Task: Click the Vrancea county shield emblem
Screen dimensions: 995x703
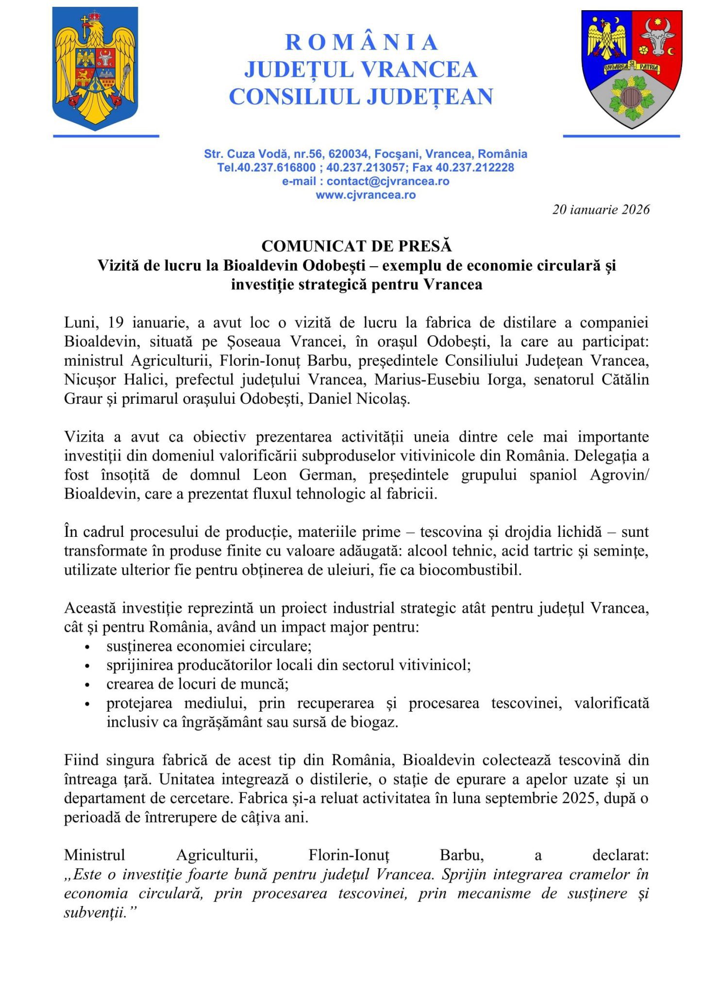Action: click(631, 69)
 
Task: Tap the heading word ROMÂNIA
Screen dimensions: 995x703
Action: click(361, 43)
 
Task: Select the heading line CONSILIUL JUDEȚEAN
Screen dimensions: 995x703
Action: click(361, 96)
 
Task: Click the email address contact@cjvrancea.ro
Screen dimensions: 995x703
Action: click(387, 181)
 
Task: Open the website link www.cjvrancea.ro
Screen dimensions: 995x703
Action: click(366, 195)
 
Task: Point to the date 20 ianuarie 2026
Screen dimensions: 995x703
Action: click(601, 209)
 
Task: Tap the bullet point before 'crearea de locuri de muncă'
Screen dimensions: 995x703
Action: click(87, 685)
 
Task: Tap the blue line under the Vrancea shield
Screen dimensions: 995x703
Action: click(621, 136)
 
